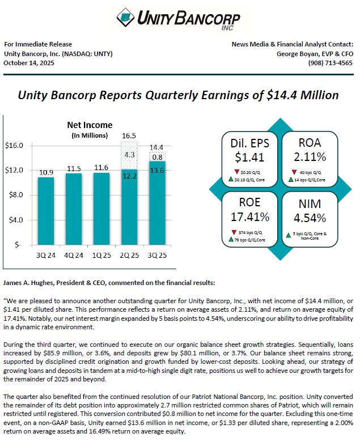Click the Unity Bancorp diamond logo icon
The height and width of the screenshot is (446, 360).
tap(126, 18)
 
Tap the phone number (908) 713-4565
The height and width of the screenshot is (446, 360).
tap(331, 63)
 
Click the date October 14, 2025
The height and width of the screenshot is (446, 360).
tap(29, 63)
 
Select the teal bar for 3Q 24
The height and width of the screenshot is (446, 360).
tap(46, 211)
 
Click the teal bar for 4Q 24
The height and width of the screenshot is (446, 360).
tap(74, 209)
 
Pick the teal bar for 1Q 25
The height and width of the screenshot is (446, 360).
tap(101, 209)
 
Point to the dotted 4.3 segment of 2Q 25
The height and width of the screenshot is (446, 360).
tap(129, 156)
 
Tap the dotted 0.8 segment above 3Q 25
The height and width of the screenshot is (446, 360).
tap(157, 157)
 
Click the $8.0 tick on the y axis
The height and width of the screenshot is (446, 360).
tap(14, 195)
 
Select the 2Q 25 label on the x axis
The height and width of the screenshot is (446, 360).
tap(129, 255)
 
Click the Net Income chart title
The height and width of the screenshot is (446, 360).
tap(90, 125)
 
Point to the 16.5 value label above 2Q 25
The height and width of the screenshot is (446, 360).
tap(129, 135)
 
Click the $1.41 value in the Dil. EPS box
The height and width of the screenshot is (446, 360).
tap(249, 157)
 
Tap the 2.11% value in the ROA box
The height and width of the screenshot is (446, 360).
tap(310, 157)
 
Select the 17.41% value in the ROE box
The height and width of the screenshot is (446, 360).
tap(250, 217)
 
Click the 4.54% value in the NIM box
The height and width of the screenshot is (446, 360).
tap(310, 218)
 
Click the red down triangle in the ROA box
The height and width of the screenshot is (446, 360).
tap(294, 172)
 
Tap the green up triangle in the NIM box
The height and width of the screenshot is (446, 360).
tap(289, 235)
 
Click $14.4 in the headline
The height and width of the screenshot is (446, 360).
tap(282, 95)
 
